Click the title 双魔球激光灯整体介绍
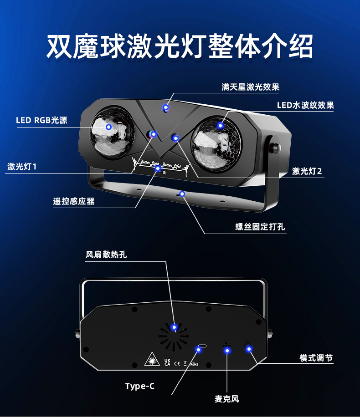180,46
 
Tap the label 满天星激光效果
250,87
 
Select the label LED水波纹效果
305,106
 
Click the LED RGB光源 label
41,120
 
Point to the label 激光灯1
22,167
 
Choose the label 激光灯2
307,171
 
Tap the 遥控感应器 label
74,201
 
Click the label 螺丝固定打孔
260,227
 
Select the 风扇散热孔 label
106,254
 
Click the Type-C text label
140,386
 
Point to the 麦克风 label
227,399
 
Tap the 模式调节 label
316,358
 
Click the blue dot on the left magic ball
109,127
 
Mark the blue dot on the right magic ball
221,125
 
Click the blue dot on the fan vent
174,326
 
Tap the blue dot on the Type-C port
198,349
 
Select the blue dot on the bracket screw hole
182,194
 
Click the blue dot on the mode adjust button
249,349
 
